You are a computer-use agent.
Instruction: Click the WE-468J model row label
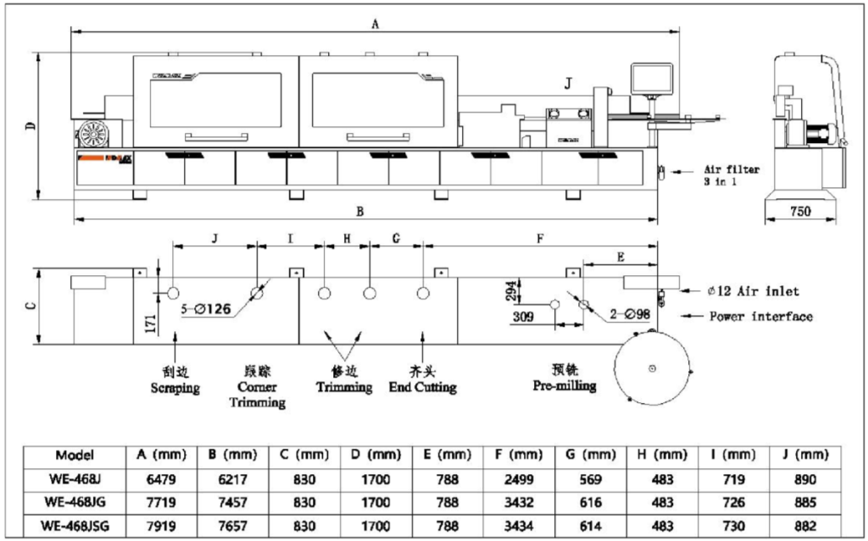pyautogui.click(x=74, y=478)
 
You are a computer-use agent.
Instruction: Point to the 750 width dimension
pyautogui.click(x=801, y=210)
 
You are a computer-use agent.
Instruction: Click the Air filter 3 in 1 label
pyautogui.click(x=732, y=174)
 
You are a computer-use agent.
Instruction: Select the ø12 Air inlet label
pyautogui.click(x=753, y=291)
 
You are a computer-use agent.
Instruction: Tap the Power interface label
pyautogui.click(x=760, y=317)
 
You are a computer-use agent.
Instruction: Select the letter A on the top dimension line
pyautogui.click(x=374, y=25)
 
